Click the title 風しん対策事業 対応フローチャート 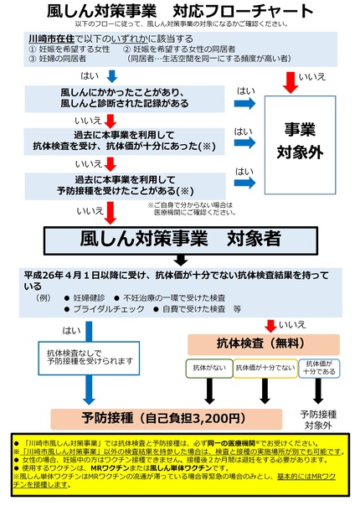point(179,13)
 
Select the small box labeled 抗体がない point(208,368)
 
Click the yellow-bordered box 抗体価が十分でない point(264,368)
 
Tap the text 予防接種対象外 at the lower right point(316,420)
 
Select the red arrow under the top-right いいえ point(289,81)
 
